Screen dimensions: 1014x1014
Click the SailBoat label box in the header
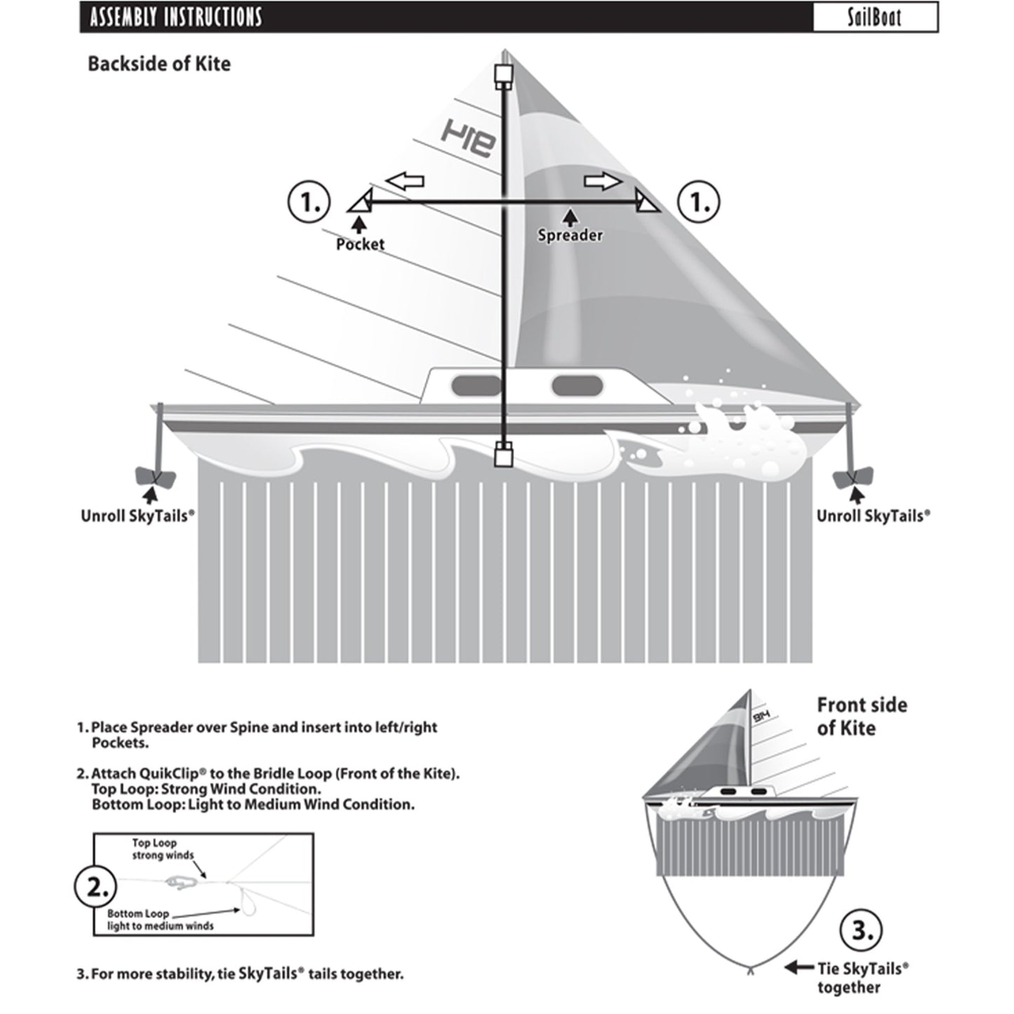(874, 17)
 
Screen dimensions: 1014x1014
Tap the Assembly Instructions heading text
(175, 17)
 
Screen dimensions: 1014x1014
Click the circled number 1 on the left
(308, 202)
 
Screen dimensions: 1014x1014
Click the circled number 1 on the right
(699, 202)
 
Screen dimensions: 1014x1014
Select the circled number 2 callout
(95, 887)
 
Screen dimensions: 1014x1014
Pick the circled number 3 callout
(860, 932)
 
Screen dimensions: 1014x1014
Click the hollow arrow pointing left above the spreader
(405, 181)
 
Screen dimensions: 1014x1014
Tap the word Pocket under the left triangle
(360, 244)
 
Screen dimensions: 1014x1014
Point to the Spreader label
(570, 235)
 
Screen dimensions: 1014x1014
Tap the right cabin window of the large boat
(577, 385)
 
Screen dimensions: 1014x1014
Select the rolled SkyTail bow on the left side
(154, 478)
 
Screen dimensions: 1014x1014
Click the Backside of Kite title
(159, 64)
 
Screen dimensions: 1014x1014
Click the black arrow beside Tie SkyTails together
(799, 968)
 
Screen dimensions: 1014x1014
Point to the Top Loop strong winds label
(154, 849)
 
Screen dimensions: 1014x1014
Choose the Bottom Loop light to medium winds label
(160, 920)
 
